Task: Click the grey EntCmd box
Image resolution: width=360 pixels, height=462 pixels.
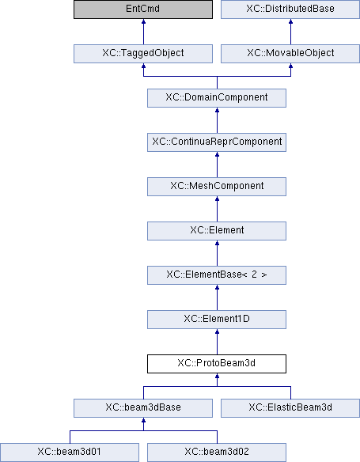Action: [143, 9]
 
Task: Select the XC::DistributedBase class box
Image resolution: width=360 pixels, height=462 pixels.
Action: [290, 9]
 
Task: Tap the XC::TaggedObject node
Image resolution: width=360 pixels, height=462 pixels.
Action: [143, 54]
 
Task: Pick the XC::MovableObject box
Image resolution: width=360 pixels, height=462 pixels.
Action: [290, 54]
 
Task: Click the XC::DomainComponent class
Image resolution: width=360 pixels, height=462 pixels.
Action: [217, 98]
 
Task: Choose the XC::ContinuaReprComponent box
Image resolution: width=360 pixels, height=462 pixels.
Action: [217, 142]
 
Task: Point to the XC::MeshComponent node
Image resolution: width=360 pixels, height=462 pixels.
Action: [217, 187]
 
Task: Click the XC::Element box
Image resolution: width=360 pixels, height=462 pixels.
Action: [217, 231]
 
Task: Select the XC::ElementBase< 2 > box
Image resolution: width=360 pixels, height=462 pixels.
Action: [217, 275]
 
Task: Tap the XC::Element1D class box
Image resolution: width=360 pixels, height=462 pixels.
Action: [217, 320]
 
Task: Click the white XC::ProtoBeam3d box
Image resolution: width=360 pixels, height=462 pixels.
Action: [217, 364]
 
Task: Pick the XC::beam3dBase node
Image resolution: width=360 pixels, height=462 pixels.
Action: [143, 408]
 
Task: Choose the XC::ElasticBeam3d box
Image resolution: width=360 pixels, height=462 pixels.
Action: [290, 408]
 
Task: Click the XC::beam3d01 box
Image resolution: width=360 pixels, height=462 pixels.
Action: [70, 453]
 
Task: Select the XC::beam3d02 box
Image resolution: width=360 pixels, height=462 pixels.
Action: [217, 453]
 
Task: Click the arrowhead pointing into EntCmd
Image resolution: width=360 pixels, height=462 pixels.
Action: [143, 21]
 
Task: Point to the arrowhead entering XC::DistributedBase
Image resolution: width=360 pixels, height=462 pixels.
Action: [291, 21]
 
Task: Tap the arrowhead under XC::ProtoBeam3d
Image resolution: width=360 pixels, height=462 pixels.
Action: [217, 376]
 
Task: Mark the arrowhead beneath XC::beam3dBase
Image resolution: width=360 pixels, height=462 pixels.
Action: [143, 420]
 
